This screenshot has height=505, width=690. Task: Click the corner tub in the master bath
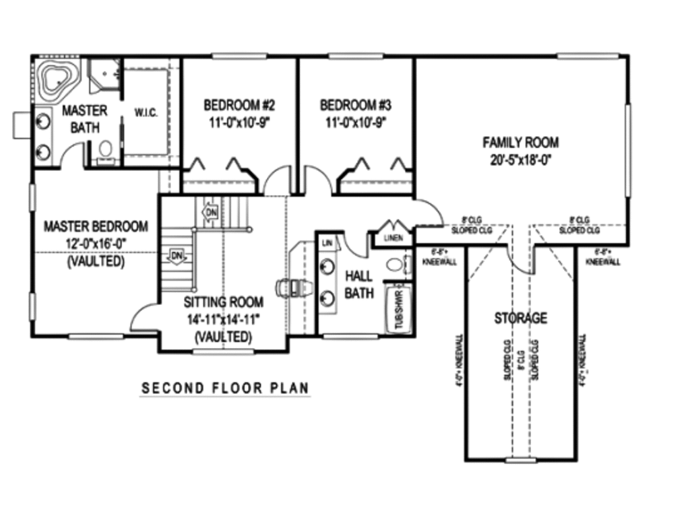click(58, 79)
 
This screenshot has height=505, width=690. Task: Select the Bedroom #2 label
click(239, 105)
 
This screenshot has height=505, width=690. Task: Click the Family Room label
click(520, 142)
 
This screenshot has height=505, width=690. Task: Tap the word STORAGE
click(520, 318)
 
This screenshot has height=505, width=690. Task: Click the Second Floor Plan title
click(225, 389)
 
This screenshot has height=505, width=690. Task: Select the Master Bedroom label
click(96, 226)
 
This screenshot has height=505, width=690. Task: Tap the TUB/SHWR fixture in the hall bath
click(398, 309)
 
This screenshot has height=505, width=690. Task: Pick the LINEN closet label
click(393, 238)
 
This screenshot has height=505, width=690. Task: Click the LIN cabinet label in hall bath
click(327, 242)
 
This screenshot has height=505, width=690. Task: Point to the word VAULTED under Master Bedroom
click(96, 262)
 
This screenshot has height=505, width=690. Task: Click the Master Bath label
click(85, 119)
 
